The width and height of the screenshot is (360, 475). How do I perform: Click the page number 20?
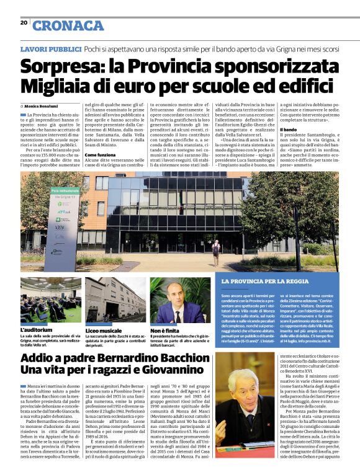(24, 22)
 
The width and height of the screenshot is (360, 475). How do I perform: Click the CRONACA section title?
(68, 25)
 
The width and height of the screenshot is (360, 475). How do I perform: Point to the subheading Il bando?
(271, 128)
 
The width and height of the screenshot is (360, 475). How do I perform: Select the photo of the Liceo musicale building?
(115, 300)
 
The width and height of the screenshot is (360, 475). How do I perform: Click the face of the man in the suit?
(177, 301)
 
